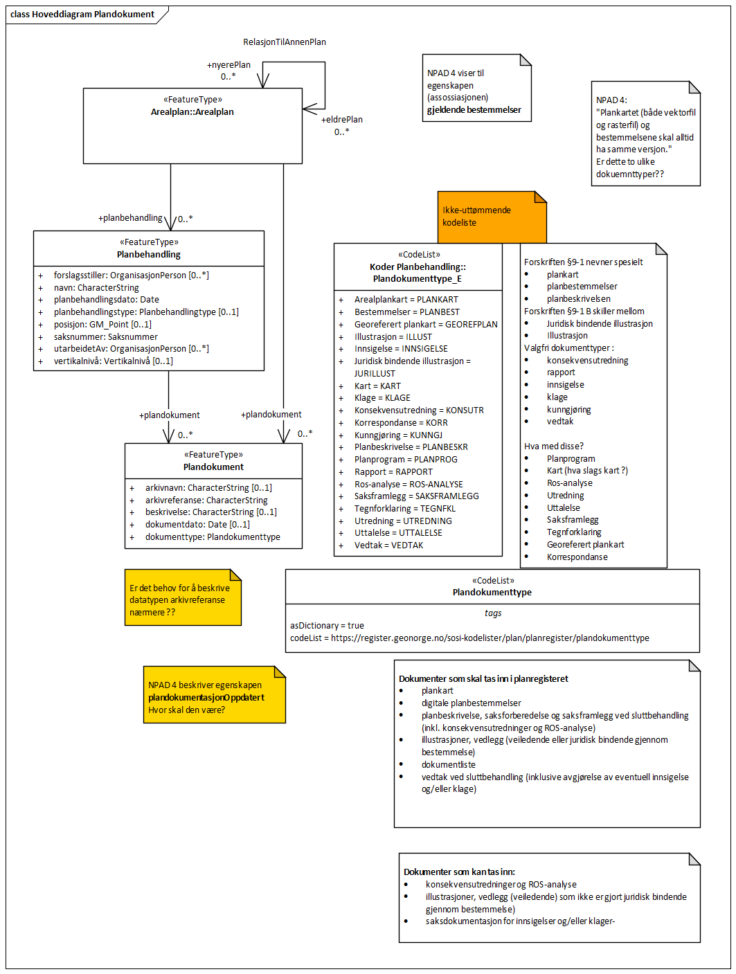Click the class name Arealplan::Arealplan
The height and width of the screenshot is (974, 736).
pyautogui.click(x=192, y=112)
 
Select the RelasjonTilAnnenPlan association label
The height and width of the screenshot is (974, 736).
pyautogui.click(x=284, y=42)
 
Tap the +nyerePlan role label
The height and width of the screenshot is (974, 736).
pyautogui.click(x=228, y=65)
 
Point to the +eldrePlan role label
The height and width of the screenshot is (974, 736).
pyautogui.click(x=341, y=120)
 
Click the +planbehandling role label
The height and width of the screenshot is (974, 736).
pyautogui.click(x=130, y=218)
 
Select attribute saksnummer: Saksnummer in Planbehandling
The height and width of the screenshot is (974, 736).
pyautogui.click(x=105, y=337)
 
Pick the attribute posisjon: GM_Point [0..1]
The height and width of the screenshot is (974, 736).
pyautogui.click(x=102, y=325)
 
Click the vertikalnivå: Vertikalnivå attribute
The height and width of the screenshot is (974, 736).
pyautogui.click(x=113, y=361)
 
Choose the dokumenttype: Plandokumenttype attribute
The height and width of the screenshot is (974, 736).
pyautogui.click(x=213, y=537)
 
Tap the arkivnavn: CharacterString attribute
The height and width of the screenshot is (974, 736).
pyautogui.click(x=208, y=488)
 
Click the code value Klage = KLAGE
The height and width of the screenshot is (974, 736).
pyautogui.click(x=382, y=398)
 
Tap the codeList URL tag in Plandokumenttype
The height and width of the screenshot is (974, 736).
pyautogui.click(x=469, y=638)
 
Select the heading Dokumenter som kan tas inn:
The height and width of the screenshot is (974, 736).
pyautogui.click(x=459, y=872)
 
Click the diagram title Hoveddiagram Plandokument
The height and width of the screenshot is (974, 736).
pyautogui.click(x=82, y=15)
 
